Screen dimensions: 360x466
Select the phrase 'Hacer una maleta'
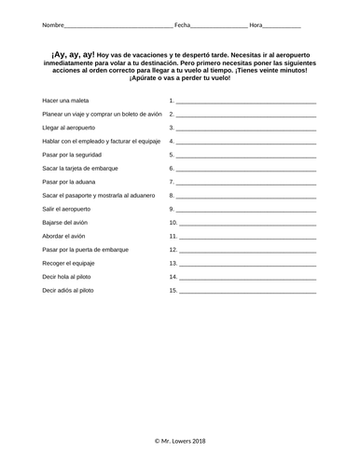point(64,100)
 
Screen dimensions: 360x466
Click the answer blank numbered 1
point(246,101)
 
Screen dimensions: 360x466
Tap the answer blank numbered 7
point(246,183)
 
